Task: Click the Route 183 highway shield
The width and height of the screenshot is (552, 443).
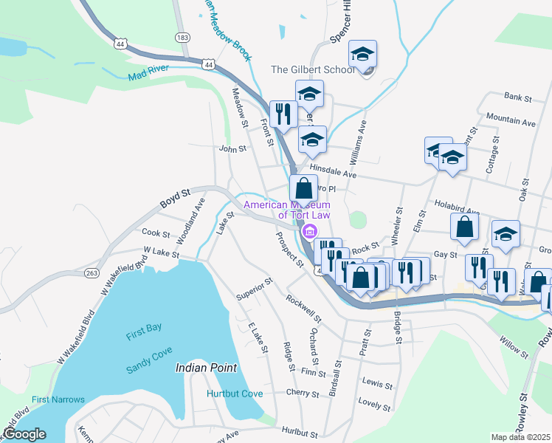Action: point(181,37)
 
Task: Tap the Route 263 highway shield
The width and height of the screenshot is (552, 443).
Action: point(92,272)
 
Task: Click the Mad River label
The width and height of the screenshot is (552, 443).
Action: point(148,73)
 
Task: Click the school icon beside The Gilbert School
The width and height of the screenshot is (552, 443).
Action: point(362,55)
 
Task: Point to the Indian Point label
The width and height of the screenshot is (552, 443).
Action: point(206,367)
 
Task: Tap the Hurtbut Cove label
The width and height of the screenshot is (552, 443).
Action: point(235,394)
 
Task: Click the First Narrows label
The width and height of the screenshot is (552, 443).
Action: point(58,399)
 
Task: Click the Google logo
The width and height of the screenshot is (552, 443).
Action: point(24,434)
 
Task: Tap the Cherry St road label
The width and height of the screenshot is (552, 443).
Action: point(303,394)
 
